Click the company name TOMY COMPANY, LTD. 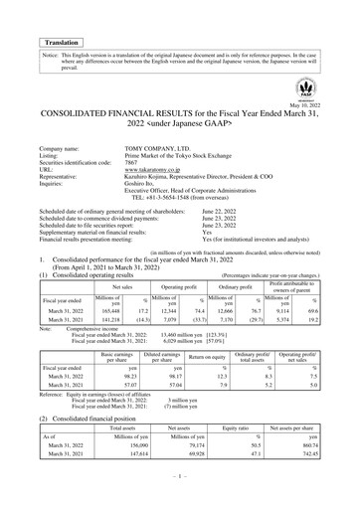click(165, 149)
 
